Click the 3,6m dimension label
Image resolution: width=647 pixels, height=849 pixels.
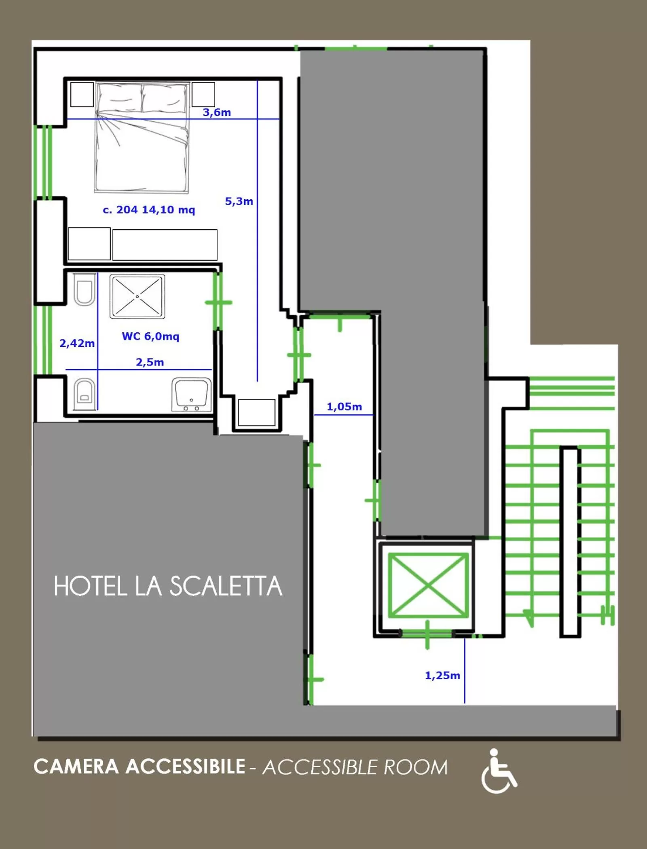click(x=217, y=112)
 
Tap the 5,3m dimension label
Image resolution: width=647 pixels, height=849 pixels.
click(x=239, y=201)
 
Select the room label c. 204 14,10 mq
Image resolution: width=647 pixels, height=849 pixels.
click(x=149, y=210)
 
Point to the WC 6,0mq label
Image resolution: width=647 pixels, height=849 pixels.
click(x=150, y=336)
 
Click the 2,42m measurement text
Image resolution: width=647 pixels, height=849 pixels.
click(x=77, y=343)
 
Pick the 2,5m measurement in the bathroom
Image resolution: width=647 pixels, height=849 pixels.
click(x=150, y=362)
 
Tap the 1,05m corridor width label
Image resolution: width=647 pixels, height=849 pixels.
click(x=344, y=406)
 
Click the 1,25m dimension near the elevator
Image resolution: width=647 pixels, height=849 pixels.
click(x=442, y=675)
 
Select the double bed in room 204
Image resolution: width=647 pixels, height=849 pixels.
click(x=142, y=137)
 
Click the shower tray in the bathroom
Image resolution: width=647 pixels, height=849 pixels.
click(x=137, y=296)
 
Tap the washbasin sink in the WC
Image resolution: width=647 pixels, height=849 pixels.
click(x=192, y=395)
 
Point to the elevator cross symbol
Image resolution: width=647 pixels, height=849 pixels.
click(x=428, y=585)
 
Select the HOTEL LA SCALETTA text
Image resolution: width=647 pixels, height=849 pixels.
click(x=168, y=586)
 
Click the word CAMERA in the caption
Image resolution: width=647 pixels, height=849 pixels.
click(x=76, y=767)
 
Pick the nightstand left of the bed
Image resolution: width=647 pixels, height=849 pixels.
click(x=82, y=95)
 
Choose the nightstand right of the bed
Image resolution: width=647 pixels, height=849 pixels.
click(x=203, y=95)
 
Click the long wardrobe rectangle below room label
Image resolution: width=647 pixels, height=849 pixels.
click(x=165, y=245)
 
